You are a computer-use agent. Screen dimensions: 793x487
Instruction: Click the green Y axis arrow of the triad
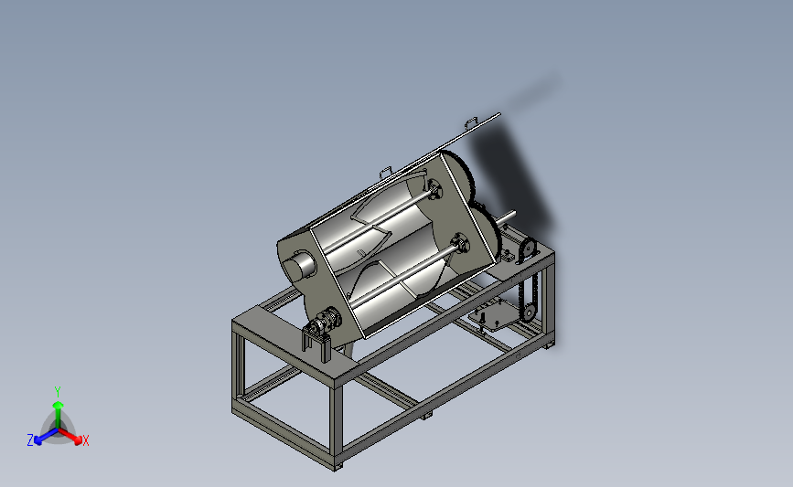point(59,414)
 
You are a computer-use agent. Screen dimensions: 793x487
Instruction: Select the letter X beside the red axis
point(85,440)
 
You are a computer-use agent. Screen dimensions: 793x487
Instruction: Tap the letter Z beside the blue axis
point(30,440)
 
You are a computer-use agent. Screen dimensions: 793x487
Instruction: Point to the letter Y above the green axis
point(58,392)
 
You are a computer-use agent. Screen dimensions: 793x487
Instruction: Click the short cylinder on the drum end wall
point(299,267)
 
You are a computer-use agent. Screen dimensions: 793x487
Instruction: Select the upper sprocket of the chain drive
point(528,249)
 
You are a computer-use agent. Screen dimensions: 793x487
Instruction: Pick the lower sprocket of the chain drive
point(529,313)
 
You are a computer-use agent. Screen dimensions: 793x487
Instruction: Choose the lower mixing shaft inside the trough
point(404,276)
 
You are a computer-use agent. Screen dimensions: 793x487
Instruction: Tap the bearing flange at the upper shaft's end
point(434,190)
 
